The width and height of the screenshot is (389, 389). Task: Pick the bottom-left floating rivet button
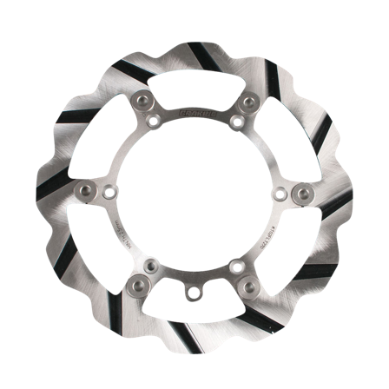tap(138, 284)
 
